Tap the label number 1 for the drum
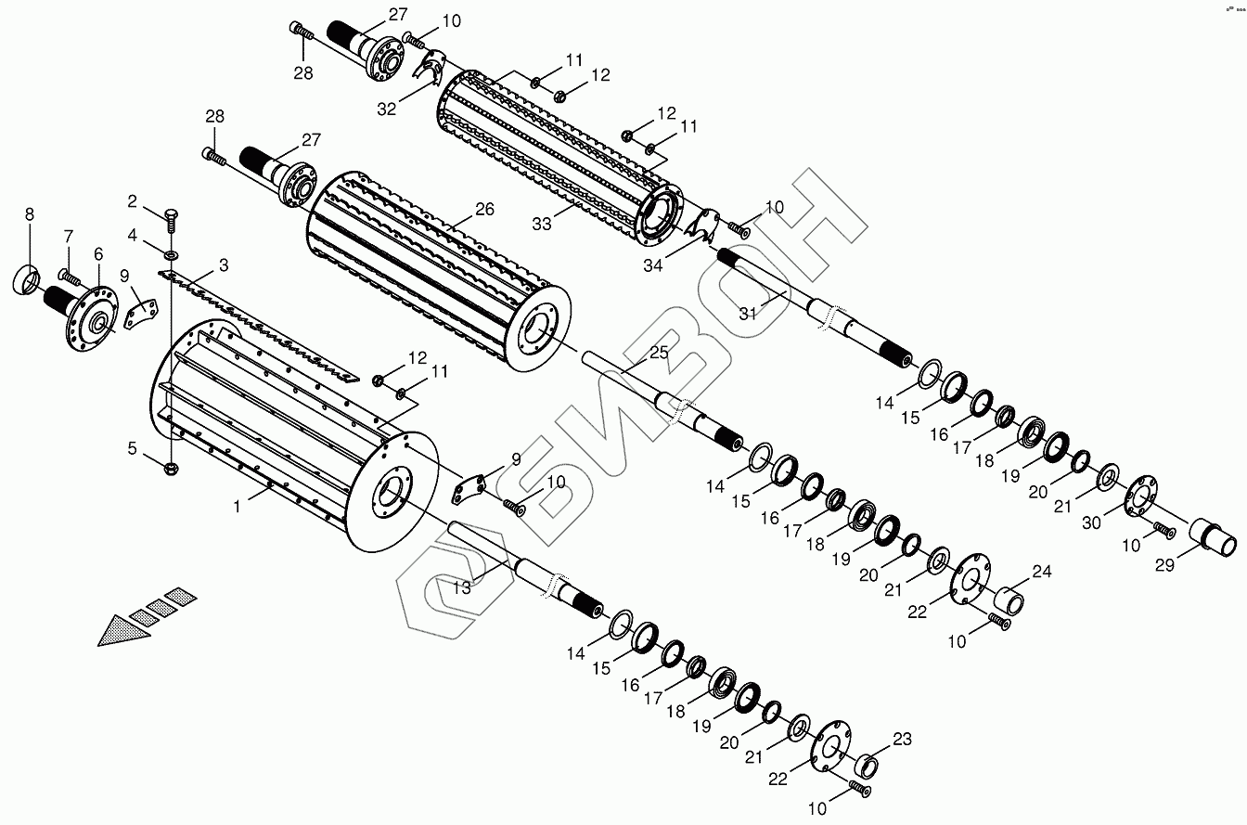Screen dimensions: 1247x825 238,507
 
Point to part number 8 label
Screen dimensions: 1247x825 30,214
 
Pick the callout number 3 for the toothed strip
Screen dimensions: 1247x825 224,265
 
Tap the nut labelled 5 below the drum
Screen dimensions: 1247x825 170,469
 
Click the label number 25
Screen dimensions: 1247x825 658,354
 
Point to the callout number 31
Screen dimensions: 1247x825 748,313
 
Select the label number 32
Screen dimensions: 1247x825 387,108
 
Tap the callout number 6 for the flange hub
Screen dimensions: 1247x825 98,253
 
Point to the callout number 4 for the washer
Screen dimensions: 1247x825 134,237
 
